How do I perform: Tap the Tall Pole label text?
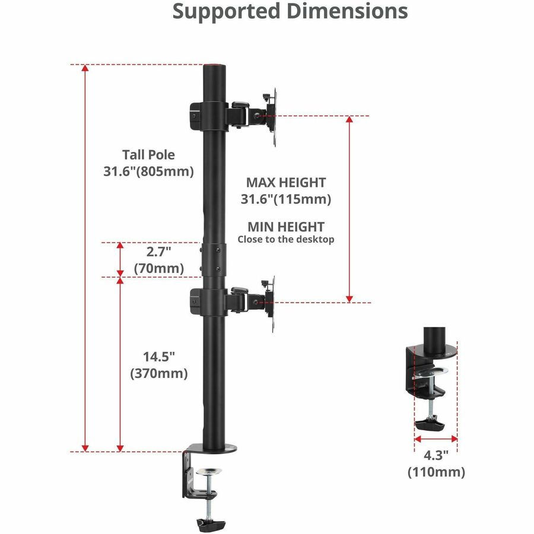[149, 155]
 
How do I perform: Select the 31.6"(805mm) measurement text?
[149, 173]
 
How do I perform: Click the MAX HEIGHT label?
[286, 183]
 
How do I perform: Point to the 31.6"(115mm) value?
[286, 200]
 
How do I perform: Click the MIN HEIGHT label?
[286, 227]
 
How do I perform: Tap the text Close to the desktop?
[286, 240]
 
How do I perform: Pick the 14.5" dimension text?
[158, 357]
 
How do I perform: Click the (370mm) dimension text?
[158, 374]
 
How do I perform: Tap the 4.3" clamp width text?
[436, 456]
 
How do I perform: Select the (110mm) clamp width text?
[436, 472]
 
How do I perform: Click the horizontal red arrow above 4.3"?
[436, 440]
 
